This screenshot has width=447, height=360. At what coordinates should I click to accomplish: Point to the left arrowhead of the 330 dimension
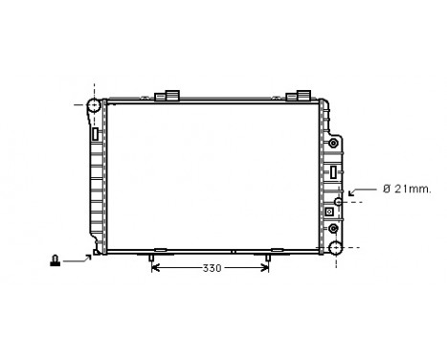[x=156, y=268]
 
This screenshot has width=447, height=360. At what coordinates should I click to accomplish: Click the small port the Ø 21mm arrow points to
[x=338, y=202]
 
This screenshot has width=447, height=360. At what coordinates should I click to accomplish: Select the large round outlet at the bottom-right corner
[x=335, y=249]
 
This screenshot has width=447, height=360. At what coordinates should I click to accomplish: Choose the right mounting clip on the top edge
[x=300, y=96]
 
